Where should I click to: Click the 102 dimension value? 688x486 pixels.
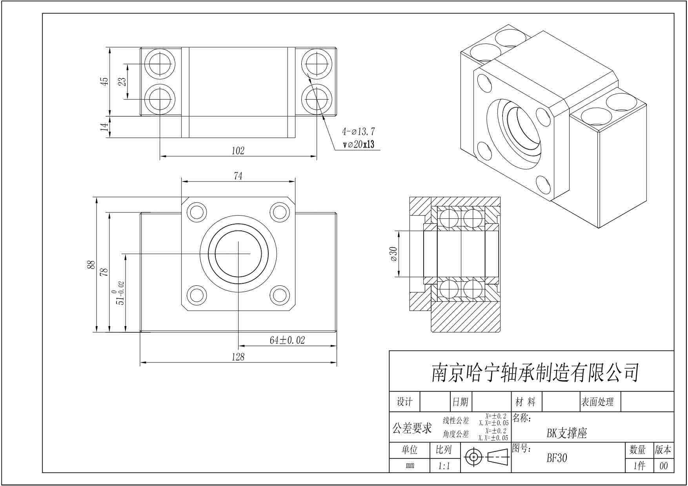tap(238, 151)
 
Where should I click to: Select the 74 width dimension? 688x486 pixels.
tap(238, 176)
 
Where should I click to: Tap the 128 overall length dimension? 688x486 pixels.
tap(238, 357)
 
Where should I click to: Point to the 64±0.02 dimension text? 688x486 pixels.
tap(287, 340)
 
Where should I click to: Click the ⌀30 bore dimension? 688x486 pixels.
tap(393, 254)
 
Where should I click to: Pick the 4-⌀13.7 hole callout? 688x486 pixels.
tap(358, 132)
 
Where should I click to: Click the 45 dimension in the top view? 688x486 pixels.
tap(104, 82)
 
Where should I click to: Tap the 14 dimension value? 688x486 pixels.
tap(104, 127)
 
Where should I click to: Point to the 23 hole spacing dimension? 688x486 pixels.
tap(123, 82)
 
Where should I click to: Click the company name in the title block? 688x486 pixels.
tap(535, 372)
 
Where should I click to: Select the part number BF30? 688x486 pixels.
tap(557, 458)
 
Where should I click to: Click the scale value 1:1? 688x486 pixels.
tap(444, 466)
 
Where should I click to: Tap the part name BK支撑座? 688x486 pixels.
tap(566, 433)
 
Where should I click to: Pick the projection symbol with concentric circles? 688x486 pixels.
tap(474, 457)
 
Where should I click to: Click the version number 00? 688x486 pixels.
tap(663, 466)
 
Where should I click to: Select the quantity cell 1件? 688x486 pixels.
tap(639, 466)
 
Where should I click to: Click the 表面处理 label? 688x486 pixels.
tap(597, 402)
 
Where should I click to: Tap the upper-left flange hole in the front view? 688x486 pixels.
tap(197, 212)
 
